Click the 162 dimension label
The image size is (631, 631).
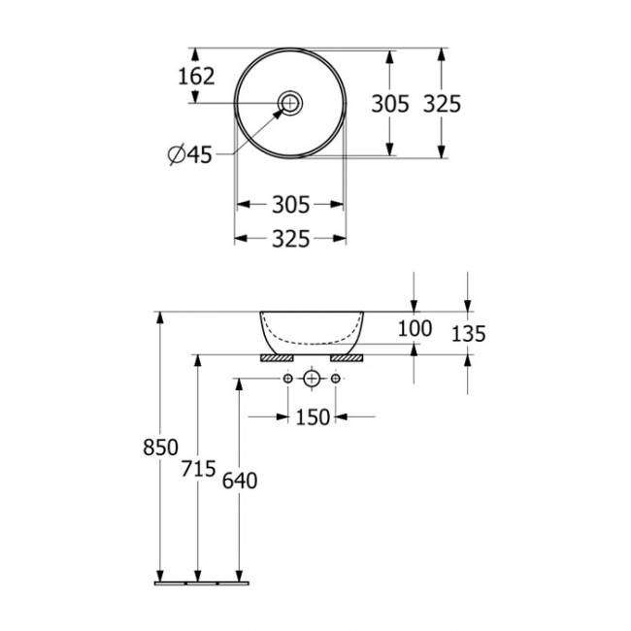tap(196, 75)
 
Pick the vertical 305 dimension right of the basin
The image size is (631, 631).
tap(390, 103)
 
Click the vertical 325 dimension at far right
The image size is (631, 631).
tap(442, 103)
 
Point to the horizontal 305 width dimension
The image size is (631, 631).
tap(290, 205)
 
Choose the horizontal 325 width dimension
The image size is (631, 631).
tap(290, 239)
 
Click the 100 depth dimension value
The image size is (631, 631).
tap(415, 328)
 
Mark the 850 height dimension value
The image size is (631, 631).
tap(160, 448)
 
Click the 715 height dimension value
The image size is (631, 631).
tap(198, 470)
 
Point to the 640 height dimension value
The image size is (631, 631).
tap(239, 481)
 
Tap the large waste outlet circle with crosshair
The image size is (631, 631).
tap(312, 378)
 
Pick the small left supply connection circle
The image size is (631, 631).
tap(288, 378)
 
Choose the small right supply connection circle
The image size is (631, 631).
tap(336, 378)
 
